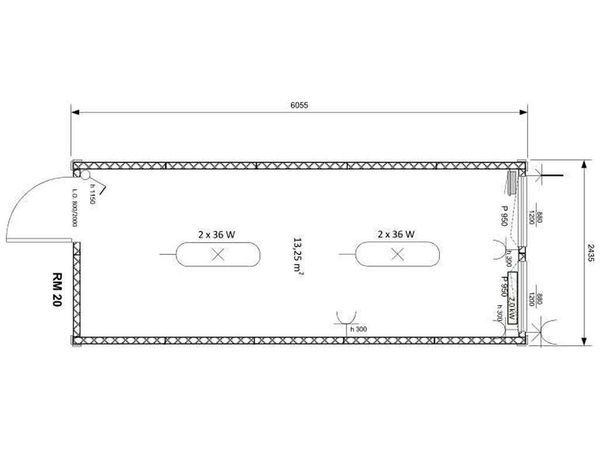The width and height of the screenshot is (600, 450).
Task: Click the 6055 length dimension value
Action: [x=299, y=105]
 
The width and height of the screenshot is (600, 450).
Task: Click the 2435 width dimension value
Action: [x=591, y=253]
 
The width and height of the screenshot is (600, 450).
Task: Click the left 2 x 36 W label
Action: [x=217, y=234]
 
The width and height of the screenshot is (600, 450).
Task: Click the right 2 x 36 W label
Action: [x=396, y=234]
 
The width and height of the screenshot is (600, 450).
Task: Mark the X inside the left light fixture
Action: [x=218, y=254]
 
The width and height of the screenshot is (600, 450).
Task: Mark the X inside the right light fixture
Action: [x=398, y=254]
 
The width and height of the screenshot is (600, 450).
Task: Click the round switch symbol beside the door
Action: [x=85, y=175]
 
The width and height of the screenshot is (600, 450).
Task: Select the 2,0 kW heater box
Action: [x=512, y=298]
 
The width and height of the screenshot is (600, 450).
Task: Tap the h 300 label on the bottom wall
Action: [x=359, y=329]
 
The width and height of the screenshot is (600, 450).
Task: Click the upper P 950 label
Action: [x=504, y=216]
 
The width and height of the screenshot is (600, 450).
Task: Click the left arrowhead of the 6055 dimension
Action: [x=76, y=112]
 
